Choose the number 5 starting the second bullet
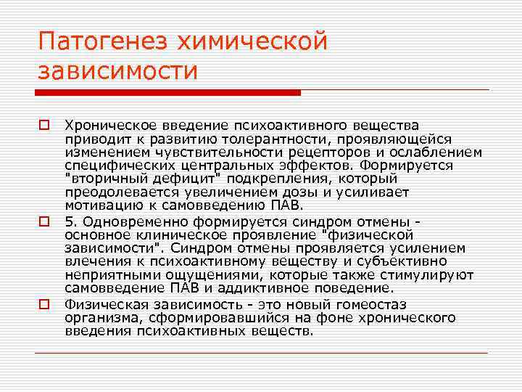(68, 221)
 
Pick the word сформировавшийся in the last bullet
(202, 318)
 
